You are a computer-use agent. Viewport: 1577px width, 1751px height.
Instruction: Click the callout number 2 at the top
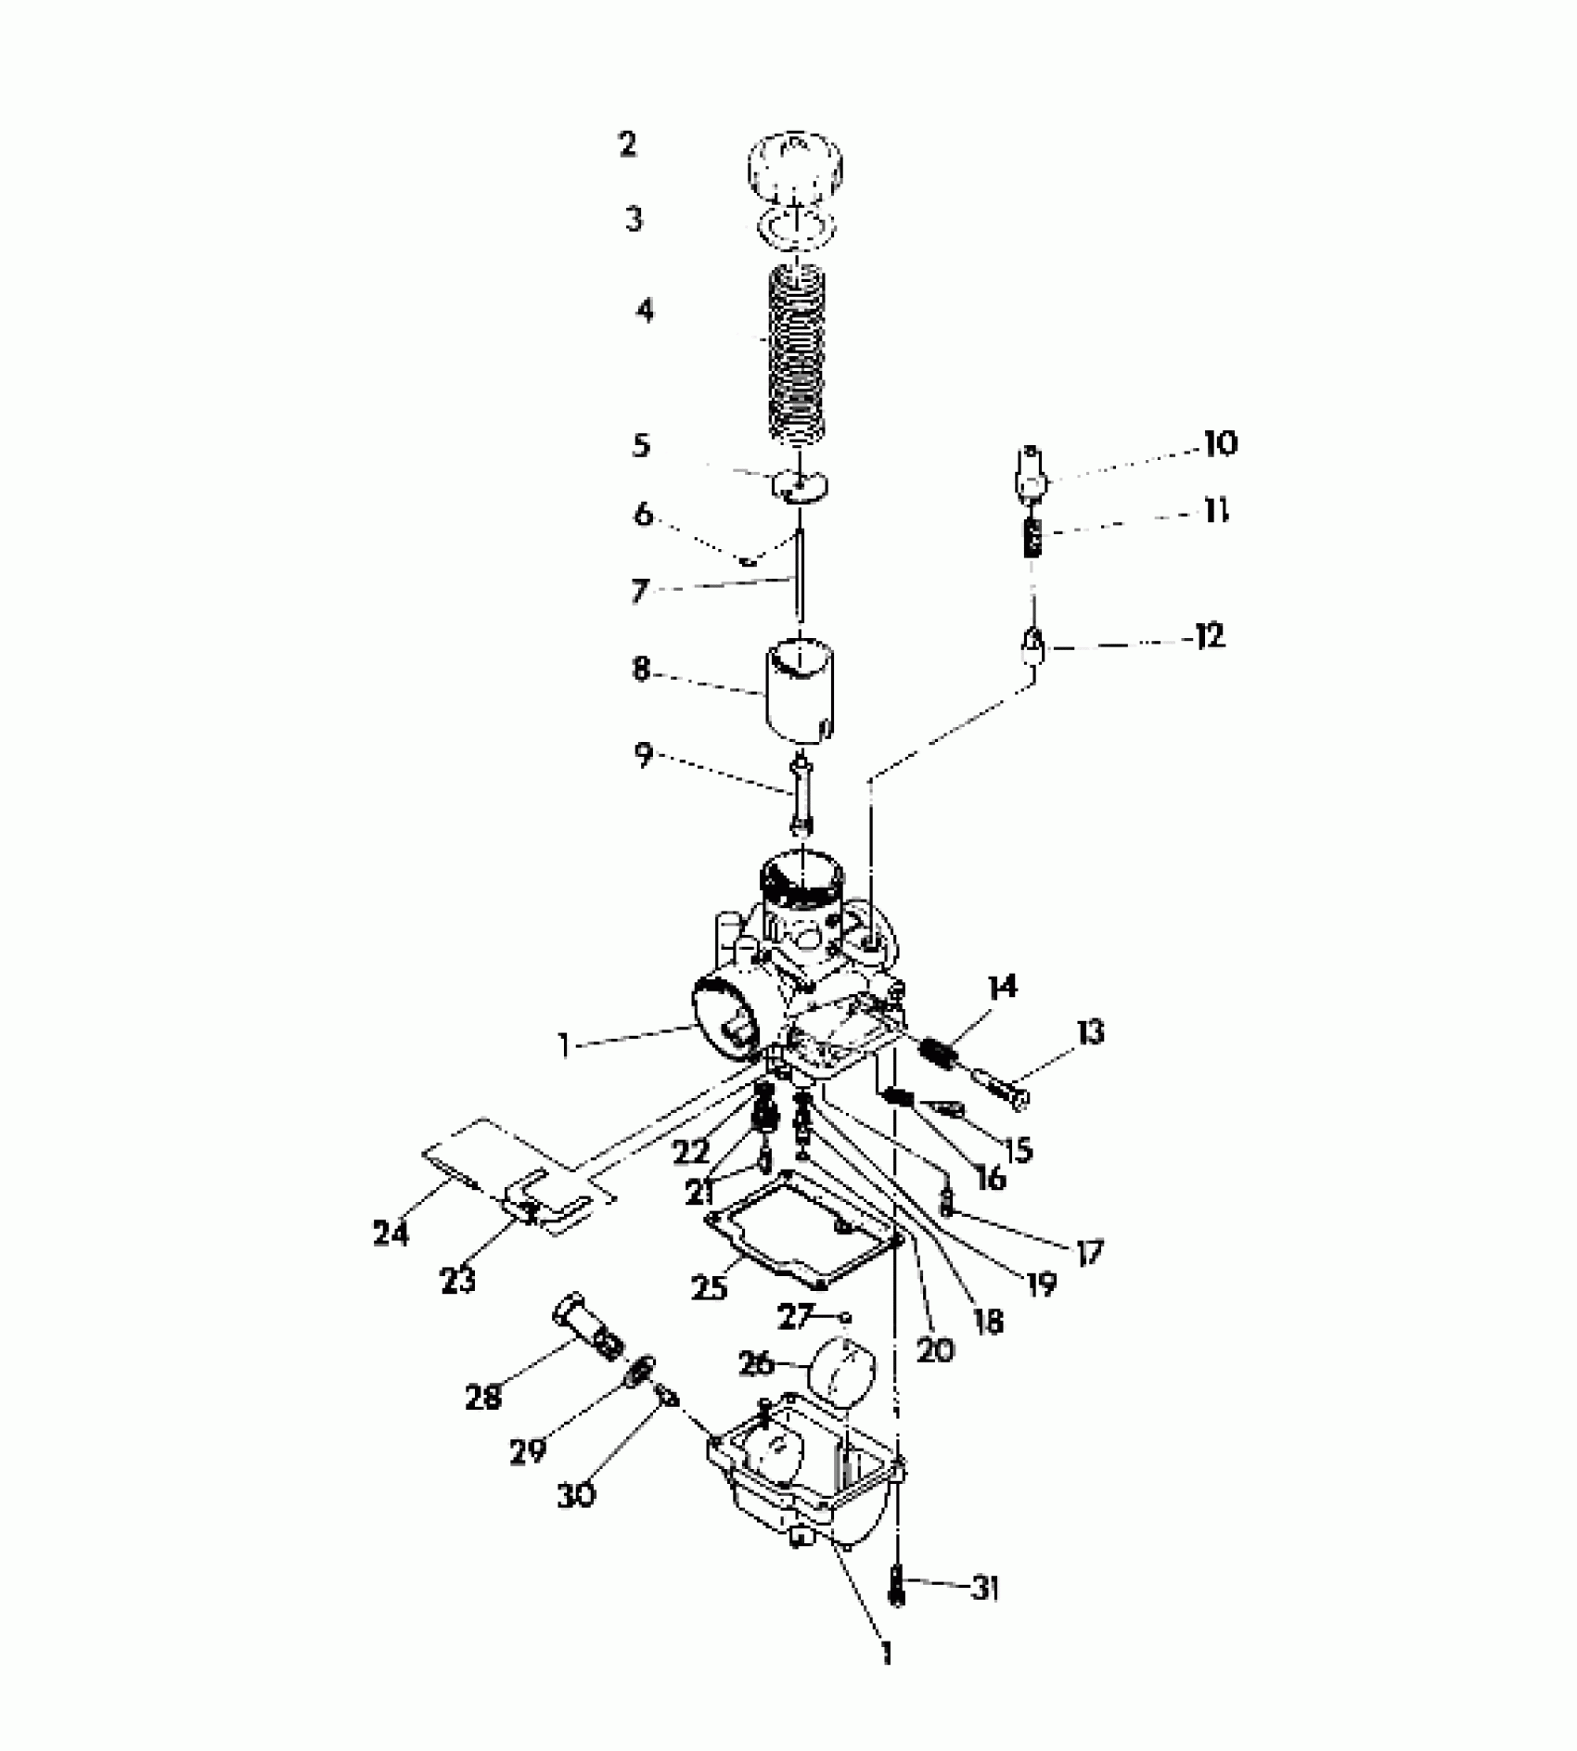click(628, 145)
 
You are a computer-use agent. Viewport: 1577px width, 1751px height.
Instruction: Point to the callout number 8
click(641, 669)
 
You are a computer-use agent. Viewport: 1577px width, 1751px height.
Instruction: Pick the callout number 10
click(1221, 443)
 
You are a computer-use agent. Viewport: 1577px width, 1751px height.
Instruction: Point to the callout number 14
click(1002, 987)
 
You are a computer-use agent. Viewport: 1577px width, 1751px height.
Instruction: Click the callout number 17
click(1089, 1253)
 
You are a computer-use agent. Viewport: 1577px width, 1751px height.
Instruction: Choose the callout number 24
click(391, 1233)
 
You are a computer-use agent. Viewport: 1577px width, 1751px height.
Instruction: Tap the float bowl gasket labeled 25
click(803, 1231)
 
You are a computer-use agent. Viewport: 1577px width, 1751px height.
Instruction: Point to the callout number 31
click(985, 1589)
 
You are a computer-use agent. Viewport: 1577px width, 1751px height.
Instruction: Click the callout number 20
click(934, 1350)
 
